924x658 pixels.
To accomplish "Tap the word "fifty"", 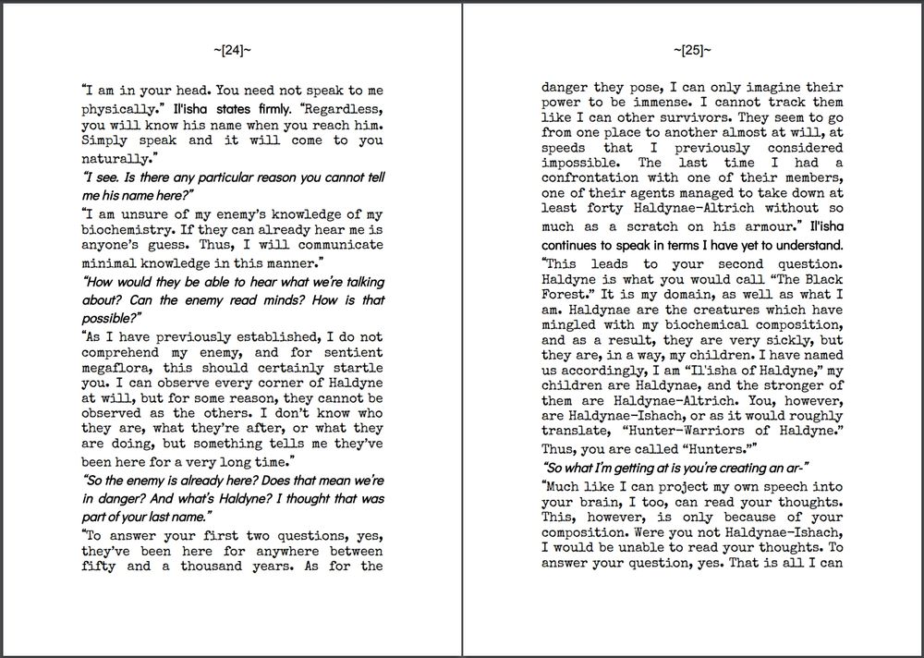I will point(99,567).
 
